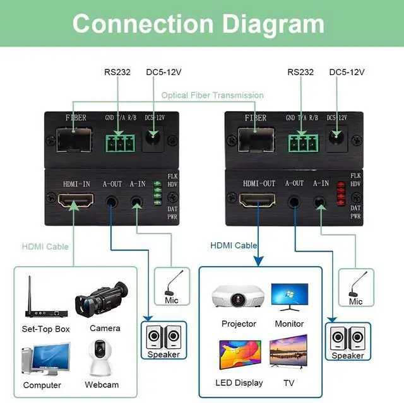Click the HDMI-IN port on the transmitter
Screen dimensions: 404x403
pos(76,200)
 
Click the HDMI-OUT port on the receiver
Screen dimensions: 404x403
pos(257,200)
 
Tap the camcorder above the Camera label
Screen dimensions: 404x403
pos(102,300)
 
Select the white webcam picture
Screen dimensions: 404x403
pos(100,358)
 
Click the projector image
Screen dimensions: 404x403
pos(238,296)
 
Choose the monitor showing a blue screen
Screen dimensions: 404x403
pos(290,297)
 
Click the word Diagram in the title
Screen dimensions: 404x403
pos(273,24)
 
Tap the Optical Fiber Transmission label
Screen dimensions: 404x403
pos(212,95)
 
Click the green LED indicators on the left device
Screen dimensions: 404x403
pos(157,193)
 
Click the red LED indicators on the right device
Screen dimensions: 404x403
pos(341,194)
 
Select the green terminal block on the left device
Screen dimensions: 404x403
pos(121,143)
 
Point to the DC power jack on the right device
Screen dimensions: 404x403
pos(336,137)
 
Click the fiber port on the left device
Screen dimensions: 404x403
pos(74,140)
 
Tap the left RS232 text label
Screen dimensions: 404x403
pos(117,72)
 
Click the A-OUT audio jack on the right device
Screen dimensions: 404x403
pos(294,201)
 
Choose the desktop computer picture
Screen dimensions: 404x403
pos(46,358)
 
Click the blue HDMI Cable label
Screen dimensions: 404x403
pos(234,245)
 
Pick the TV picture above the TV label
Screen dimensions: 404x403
pos(288,352)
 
